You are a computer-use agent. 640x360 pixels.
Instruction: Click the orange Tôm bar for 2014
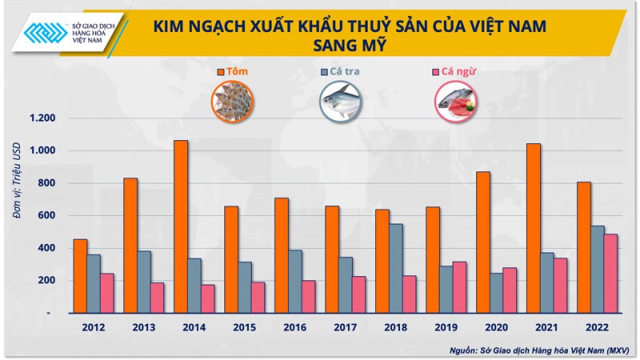pyautogui.click(x=181, y=226)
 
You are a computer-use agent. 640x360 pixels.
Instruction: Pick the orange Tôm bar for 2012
pyautogui.click(x=80, y=275)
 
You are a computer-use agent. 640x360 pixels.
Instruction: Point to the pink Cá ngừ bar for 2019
pyautogui.click(x=458, y=286)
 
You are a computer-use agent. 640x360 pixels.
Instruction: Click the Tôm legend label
pyautogui.click(x=237, y=71)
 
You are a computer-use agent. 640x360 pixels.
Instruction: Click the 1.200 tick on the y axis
pyautogui.click(x=41, y=118)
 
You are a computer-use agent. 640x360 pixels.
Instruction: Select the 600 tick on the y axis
pyautogui.click(x=47, y=215)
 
